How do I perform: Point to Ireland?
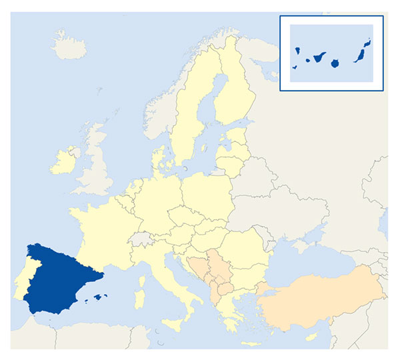click(63, 161)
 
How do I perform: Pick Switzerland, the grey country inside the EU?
click(144, 238)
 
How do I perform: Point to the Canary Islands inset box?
click(331, 53)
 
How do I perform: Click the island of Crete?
click(250, 344)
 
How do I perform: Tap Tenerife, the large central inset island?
click(319, 59)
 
